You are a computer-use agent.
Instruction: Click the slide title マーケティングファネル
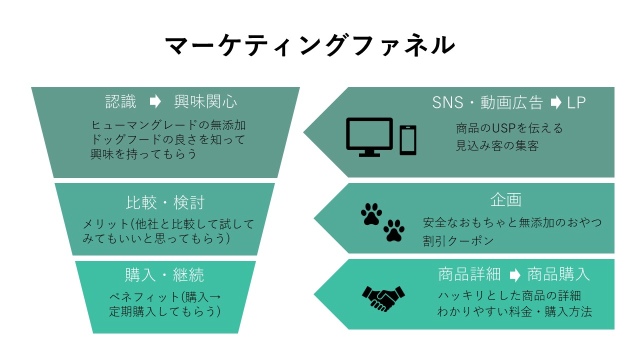coord(309,45)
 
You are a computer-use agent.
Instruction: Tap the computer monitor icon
coord(369,137)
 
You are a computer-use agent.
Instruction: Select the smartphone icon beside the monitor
coord(407,140)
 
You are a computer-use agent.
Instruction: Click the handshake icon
coord(383,298)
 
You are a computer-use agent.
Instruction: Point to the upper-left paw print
coord(371,214)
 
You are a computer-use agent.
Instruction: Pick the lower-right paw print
coord(393,230)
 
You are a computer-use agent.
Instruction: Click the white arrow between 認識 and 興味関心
coord(155,101)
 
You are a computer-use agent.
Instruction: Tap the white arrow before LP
coord(555,102)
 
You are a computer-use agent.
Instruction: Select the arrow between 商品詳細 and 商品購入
coord(515,275)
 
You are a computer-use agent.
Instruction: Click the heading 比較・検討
coord(165,202)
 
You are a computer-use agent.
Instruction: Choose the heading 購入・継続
coord(164,275)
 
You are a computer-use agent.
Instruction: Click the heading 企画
coord(505,199)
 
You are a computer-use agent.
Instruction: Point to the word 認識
coord(120,101)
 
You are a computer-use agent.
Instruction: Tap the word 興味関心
coord(205,101)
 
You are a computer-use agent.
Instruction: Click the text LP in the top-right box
coord(576,102)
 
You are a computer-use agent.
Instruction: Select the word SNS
coord(447,102)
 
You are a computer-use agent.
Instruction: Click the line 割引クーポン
coord(458,240)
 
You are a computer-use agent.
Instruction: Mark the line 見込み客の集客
coord(497,145)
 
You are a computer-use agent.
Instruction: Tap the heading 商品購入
coord(558,274)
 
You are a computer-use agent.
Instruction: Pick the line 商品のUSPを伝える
coord(509,128)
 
